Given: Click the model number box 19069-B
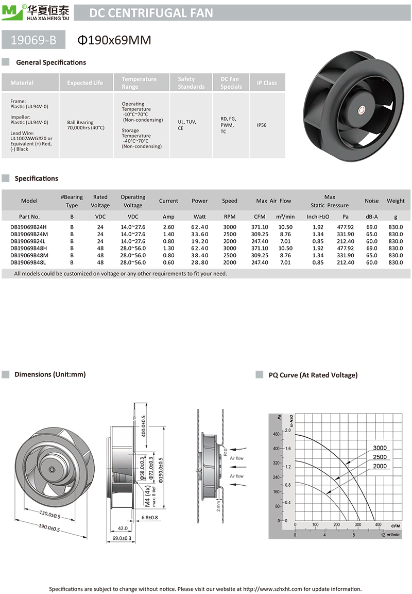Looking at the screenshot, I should click(x=35, y=39).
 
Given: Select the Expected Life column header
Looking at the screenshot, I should click(x=85, y=83).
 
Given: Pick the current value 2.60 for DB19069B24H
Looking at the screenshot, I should click(x=168, y=227).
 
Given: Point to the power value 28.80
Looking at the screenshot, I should click(x=200, y=262).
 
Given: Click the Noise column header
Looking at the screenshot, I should click(x=371, y=201).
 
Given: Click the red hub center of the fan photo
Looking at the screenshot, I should click(x=361, y=109).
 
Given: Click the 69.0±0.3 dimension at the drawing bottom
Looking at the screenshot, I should click(x=122, y=538).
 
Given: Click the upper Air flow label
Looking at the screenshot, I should click(x=236, y=458).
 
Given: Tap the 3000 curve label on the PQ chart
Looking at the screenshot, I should click(x=380, y=448).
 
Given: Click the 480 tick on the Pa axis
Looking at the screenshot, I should click(x=275, y=434).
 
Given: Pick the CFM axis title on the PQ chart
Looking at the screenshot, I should click(x=395, y=525).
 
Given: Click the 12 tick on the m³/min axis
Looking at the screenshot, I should click(x=383, y=535).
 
